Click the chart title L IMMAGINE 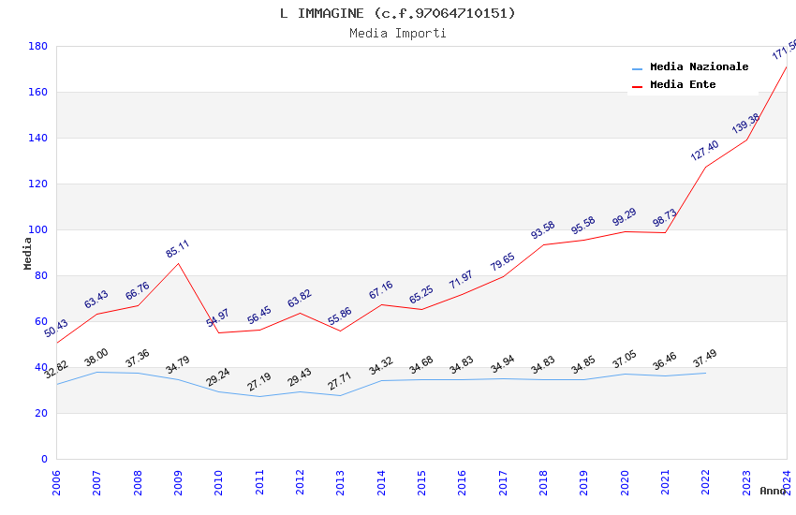[x=397, y=13]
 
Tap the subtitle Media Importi [x=397, y=34]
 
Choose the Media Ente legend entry [x=683, y=85]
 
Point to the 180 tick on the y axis [x=37, y=46]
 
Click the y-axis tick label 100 [x=37, y=229]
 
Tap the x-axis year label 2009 [x=179, y=482]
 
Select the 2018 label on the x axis [x=544, y=482]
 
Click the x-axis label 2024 [x=787, y=482]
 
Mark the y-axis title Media [x=28, y=253]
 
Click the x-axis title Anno [x=773, y=491]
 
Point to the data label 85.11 [x=177, y=249]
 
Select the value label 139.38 [x=745, y=124]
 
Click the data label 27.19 [x=259, y=382]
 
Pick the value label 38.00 [x=96, y=358]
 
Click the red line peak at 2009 [x=178, y=263]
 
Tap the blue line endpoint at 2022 [x=705, y=373]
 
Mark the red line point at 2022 [x=705, y=167]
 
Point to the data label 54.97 [x=218, y=317]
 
